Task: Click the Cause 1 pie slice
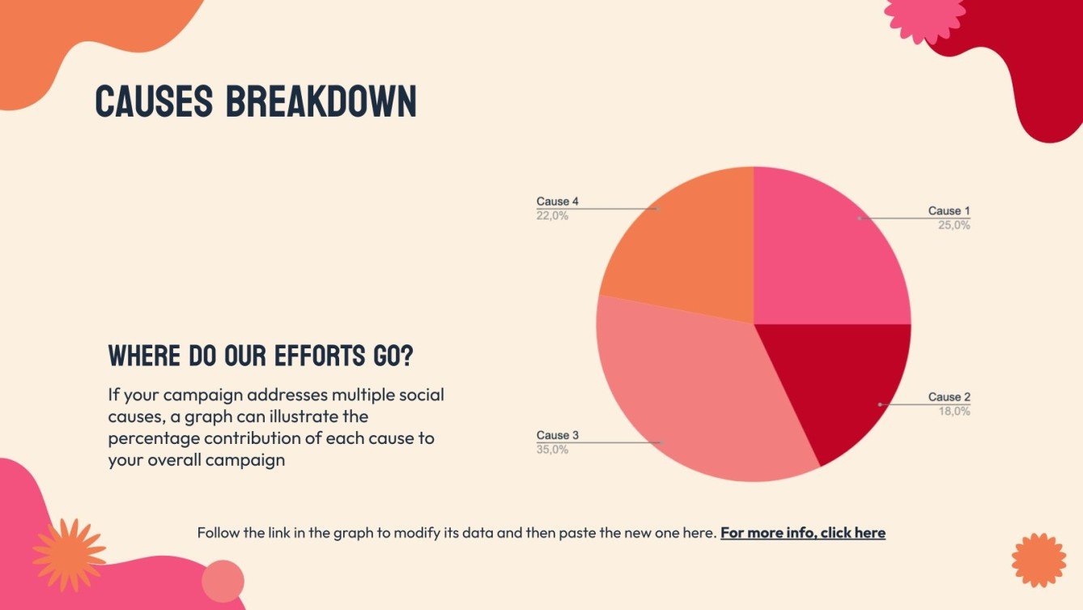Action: (818, 251)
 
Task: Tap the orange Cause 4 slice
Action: (688, 243)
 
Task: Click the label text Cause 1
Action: (949, 211)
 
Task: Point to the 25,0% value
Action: (953, 225)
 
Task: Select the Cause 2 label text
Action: (949, 397)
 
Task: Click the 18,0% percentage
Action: (953, 411)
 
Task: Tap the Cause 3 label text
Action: (558, 436)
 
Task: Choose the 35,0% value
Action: (552, 450)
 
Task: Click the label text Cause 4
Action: (558, 202)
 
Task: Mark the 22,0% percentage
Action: (552, 215)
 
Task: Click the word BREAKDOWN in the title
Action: (321, 101)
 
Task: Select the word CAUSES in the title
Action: (154, 101)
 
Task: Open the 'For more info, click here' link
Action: (802, 533)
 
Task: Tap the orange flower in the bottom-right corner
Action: (1038, 560)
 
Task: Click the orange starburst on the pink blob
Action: (69, 555)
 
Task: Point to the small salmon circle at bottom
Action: (223, 581)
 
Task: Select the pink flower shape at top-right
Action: (924, 15)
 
